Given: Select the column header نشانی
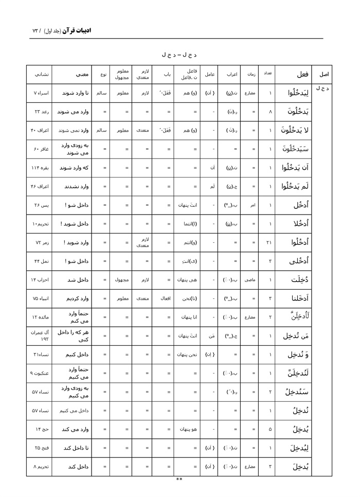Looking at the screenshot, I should tap(39, 74).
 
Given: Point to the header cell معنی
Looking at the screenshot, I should tap(71, 74).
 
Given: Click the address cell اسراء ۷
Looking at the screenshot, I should tap(39, 94).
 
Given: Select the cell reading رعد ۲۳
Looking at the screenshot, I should tap(39, 112).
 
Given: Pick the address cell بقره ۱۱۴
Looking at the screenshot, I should tap(39, 168).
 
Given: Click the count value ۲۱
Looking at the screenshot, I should tap(270, 242).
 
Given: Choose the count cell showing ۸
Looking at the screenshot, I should tap(270, 112).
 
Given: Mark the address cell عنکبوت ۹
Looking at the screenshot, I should tap(39, 373).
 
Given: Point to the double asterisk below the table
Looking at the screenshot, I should tap(179, 480).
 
